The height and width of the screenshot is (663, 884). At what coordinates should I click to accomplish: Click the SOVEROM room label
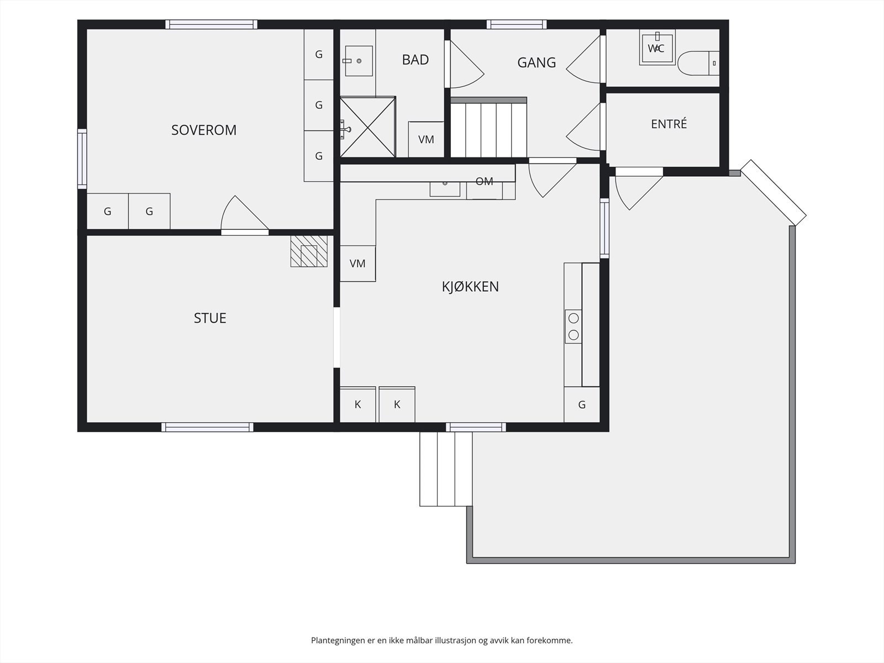[204, 130]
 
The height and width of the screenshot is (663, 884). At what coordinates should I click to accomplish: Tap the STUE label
[210, 318]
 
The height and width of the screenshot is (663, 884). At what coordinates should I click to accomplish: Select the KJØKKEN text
[470, 287]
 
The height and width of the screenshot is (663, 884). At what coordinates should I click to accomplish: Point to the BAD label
[415, 60]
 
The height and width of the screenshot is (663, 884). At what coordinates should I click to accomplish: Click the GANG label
[536, 62]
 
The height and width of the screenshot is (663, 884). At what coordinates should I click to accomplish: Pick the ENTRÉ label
[669, 124]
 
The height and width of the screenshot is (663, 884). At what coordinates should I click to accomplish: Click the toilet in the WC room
[698, 63]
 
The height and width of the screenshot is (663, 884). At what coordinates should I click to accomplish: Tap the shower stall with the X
[368, 127]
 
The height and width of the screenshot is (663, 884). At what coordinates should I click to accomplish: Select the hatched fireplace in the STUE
[309, 251]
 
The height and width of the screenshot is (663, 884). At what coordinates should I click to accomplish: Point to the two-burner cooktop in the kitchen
[573, 327]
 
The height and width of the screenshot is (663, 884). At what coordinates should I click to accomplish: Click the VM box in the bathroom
[426, 139]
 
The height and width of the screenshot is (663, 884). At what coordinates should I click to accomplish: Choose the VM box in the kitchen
[357, 264]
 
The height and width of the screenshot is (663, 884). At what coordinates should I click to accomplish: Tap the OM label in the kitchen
[484, 182]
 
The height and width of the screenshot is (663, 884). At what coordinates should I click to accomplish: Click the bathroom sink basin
[359, 61]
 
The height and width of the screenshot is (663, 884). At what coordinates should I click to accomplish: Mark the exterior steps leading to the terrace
[446, 469]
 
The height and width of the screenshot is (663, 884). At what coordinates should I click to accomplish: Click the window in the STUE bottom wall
[207, 427]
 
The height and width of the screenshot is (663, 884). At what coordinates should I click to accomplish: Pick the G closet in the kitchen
[582, 404]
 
